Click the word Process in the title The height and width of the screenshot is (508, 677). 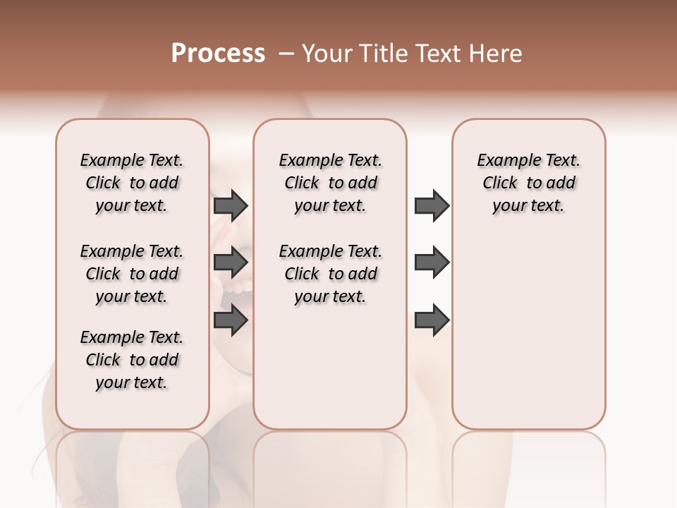click(x=218, y=54)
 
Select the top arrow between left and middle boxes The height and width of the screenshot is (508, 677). click(x=231, y=205)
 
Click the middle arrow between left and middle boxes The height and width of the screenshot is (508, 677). click(x=231, y=262)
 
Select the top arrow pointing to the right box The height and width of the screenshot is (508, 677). click(x=432, y=205)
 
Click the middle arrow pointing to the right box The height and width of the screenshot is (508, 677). click(x=432, y=262)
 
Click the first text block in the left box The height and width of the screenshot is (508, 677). click(x=132, y=183)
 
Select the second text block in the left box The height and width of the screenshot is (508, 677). click(x=132, y=274)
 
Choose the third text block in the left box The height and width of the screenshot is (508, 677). click(x=132, y=360)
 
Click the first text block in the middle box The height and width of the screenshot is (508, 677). click(x=330, y=183)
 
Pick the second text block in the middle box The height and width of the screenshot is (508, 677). click(x=330, y=274)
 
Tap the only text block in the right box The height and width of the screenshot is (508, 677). click(x=528, y=183)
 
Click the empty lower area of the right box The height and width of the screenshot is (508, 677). click(x=528, y=339)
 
